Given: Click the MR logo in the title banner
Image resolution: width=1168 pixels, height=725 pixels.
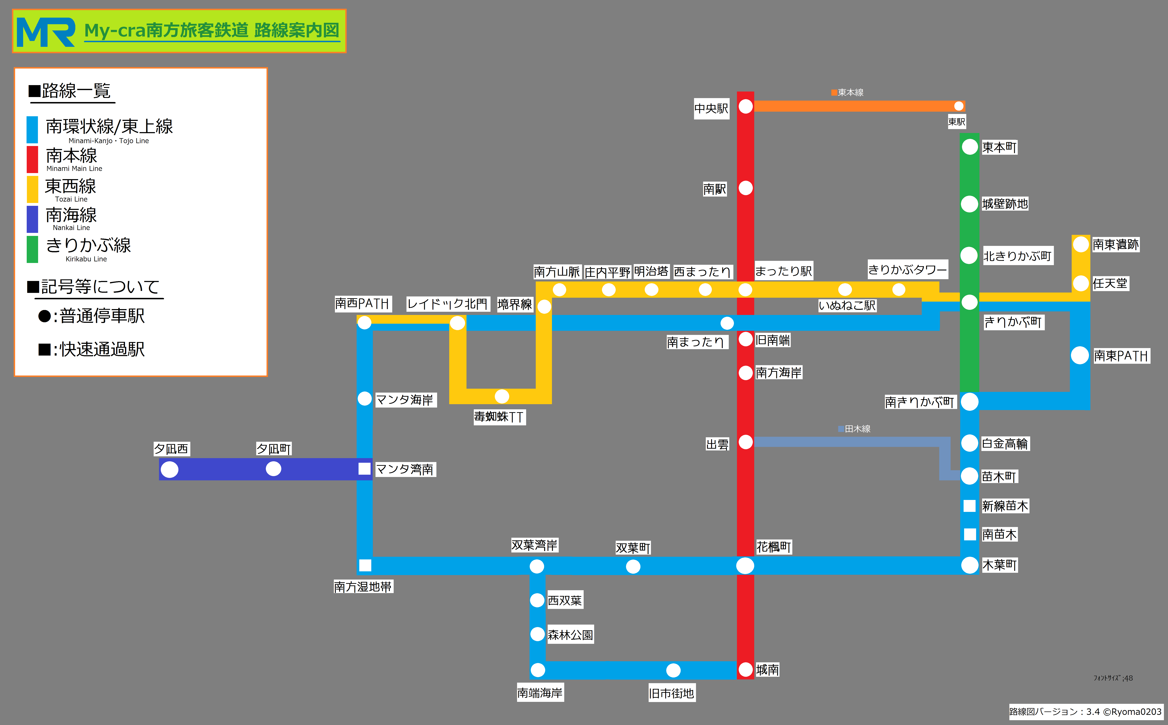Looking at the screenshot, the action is pyautogui.click(x=46, y=32).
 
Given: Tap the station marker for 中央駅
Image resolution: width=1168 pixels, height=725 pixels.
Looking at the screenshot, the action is pyautogui.click(x=745, y=106).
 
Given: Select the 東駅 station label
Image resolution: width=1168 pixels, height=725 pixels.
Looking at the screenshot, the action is pyautogui.click(x=956, y=122).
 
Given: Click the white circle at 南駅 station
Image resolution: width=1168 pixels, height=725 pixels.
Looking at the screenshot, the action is pyautogui.click(x=745, y=188).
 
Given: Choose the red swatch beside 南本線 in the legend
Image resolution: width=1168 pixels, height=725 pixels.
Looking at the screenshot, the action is pyautogui.click(x=32, y=159).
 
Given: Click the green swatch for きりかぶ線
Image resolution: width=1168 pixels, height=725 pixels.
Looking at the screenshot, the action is pyautogui.click(x=32, y=249).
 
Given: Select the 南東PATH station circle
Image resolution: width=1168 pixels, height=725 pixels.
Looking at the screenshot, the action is pyautogui.click(x=1080, y=355).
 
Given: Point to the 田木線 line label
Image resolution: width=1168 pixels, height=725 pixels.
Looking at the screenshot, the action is pyautogui.click(x=854, y=429).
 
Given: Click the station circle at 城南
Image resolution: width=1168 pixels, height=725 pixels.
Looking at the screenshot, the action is pyautogui.click(x=745, y=669).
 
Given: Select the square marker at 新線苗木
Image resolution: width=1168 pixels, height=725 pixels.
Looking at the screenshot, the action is pyautogui.click(x=969, y=505).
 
